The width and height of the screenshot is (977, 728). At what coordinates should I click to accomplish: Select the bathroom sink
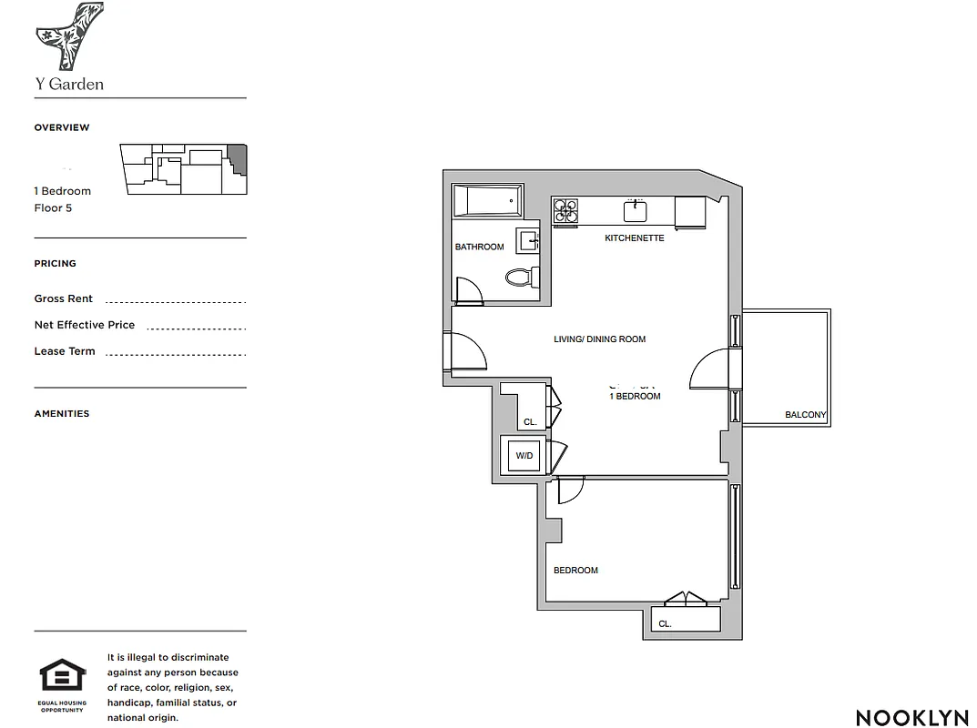tap(528, 240)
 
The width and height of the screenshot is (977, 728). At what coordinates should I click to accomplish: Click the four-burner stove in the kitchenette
tap(566, 211)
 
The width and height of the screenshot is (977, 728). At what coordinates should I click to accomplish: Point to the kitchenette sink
tap(635, 212)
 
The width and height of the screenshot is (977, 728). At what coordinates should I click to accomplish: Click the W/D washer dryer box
tap(524, 455)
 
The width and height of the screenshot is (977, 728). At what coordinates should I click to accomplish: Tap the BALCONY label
tap(805, 415)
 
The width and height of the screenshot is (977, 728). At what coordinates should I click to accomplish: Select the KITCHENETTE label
tap(635, 238)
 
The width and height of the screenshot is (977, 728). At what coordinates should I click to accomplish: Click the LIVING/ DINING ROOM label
tap(599, 339)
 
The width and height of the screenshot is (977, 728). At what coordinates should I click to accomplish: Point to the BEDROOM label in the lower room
tap(575, 571)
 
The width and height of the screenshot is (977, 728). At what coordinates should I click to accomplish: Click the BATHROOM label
tap(479, 247)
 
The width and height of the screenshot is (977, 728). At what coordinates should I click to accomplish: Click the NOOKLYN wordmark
tap(912, 717)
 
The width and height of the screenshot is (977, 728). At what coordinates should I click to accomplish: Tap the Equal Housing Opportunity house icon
tap(63, 679)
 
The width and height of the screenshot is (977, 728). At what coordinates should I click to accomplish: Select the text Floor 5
tap(53, 208)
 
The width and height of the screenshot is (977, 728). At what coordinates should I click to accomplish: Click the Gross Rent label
tap(64, 298)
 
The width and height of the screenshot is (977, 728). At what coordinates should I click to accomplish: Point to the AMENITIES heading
tap(62, 413)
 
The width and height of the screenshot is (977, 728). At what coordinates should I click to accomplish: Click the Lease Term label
tap(65, 351)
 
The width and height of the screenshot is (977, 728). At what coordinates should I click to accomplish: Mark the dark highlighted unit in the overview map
tap(238, 157)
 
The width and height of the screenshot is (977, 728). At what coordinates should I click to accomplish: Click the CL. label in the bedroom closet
tap(665, 624)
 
